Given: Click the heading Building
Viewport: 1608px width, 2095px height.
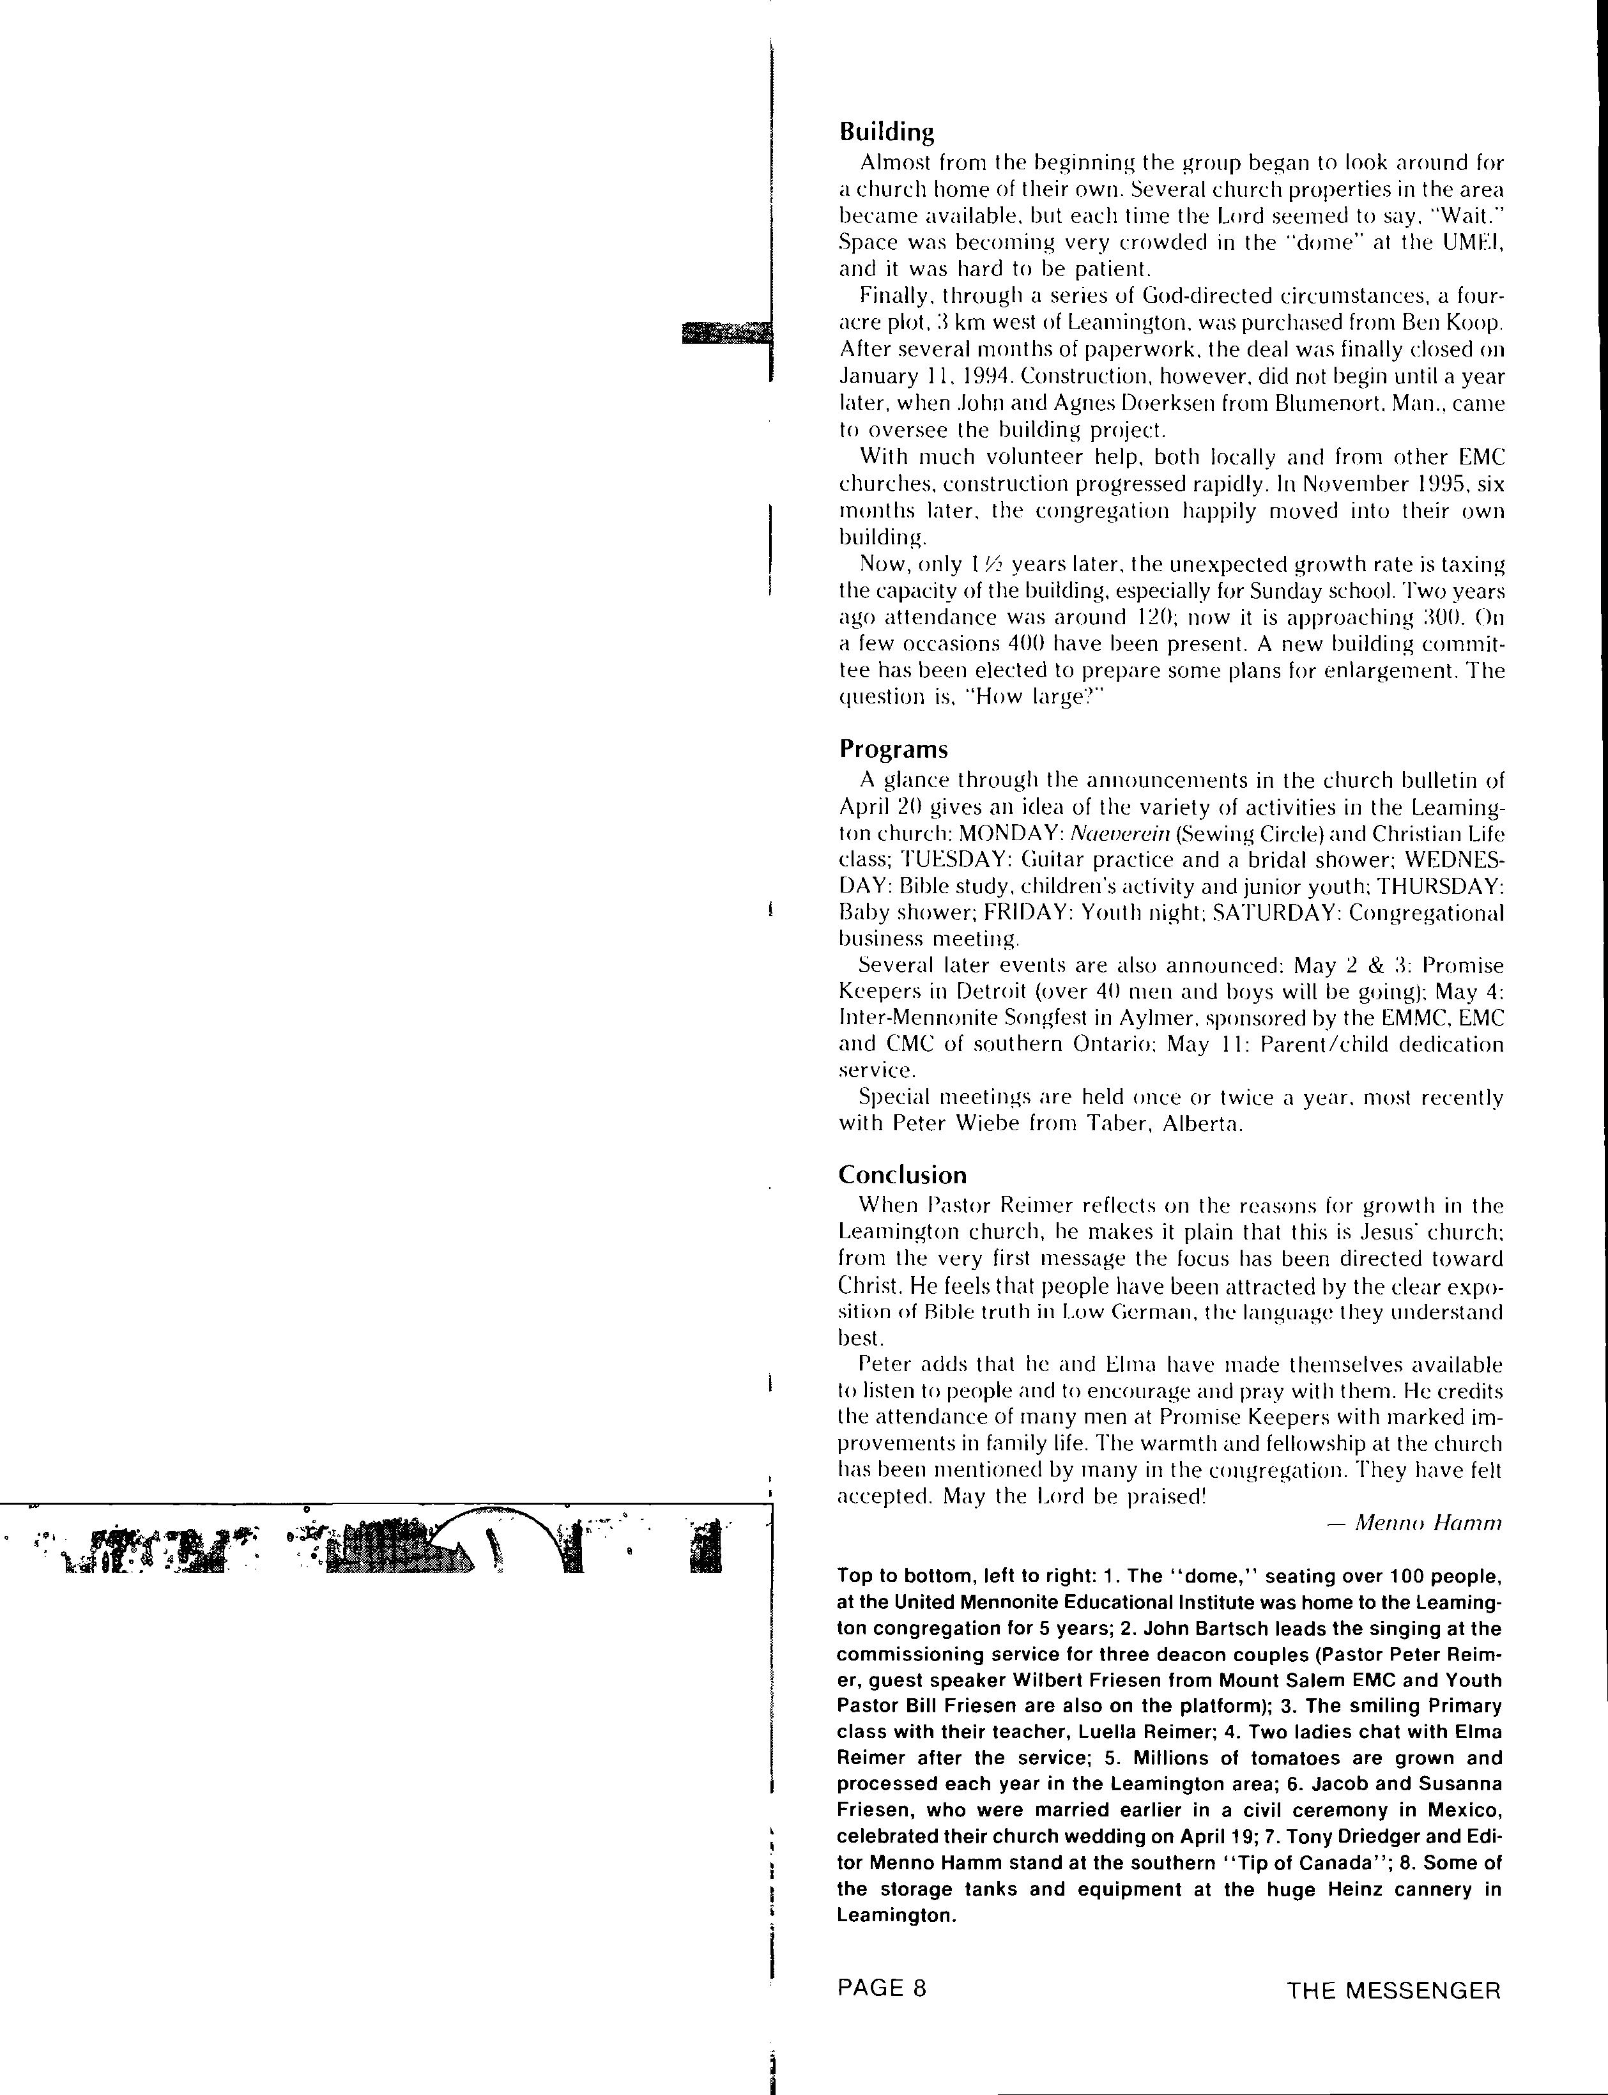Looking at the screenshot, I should click(885, 131).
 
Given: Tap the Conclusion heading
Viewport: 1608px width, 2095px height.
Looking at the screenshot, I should click(901, 1174).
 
